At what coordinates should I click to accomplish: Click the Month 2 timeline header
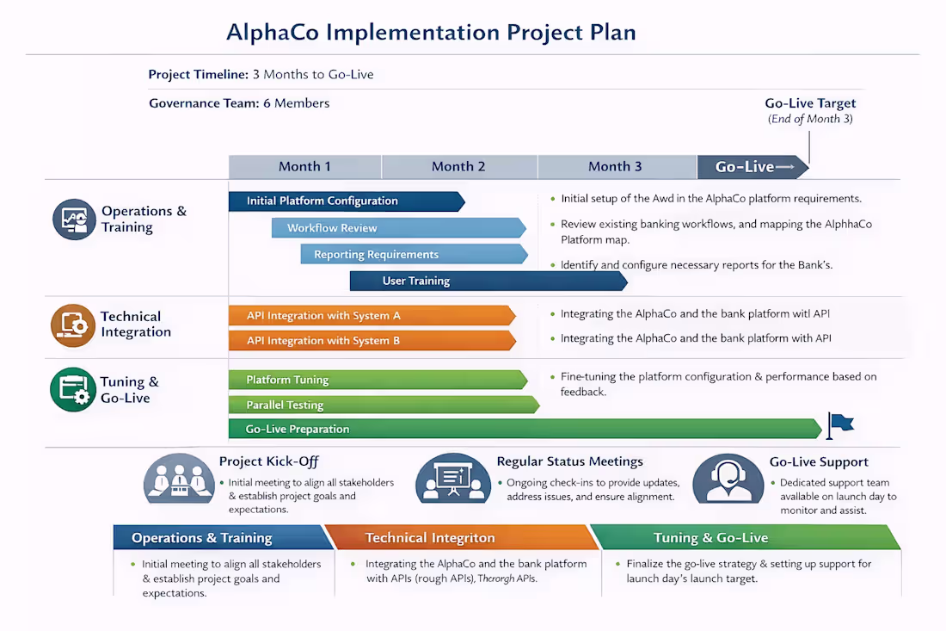pos(458,166)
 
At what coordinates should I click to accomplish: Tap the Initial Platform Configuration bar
pos(344,201)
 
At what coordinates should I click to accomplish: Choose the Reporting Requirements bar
pos(413,254)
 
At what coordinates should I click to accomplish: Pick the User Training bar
pos(487,281)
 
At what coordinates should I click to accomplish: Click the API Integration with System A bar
pos(370,316)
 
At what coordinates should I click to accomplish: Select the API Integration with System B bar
pos(370,341)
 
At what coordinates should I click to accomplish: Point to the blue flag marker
pos(839,423)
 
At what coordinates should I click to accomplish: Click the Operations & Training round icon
pos(74,220)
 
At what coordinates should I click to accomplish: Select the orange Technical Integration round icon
pos(72,325)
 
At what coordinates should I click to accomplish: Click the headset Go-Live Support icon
pos(728,479)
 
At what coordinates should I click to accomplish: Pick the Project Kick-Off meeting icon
pos(179,479)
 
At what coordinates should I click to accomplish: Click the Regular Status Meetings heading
pos(569,461)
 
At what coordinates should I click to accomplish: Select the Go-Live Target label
pos(810,103)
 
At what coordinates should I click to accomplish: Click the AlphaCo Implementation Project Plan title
pos(431,33)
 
